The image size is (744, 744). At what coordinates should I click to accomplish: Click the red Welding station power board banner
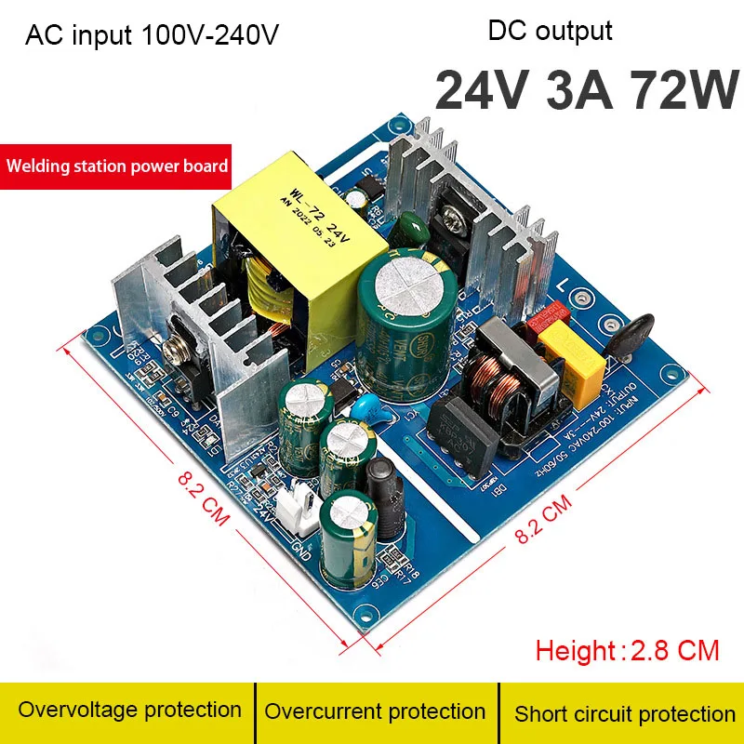[116, 166]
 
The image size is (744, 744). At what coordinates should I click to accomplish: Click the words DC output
[550, 31]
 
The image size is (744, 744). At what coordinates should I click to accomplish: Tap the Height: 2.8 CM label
[628, 649]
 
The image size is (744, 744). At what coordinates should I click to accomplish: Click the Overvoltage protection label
[129, 711]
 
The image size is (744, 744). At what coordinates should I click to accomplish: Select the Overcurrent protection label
[375, 712]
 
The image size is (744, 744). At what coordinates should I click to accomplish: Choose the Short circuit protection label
[624, 714]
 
